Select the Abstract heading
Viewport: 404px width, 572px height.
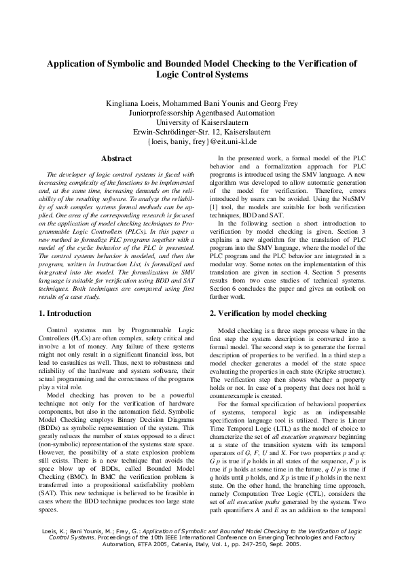point(116,158)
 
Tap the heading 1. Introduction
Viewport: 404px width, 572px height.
point(65,313)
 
